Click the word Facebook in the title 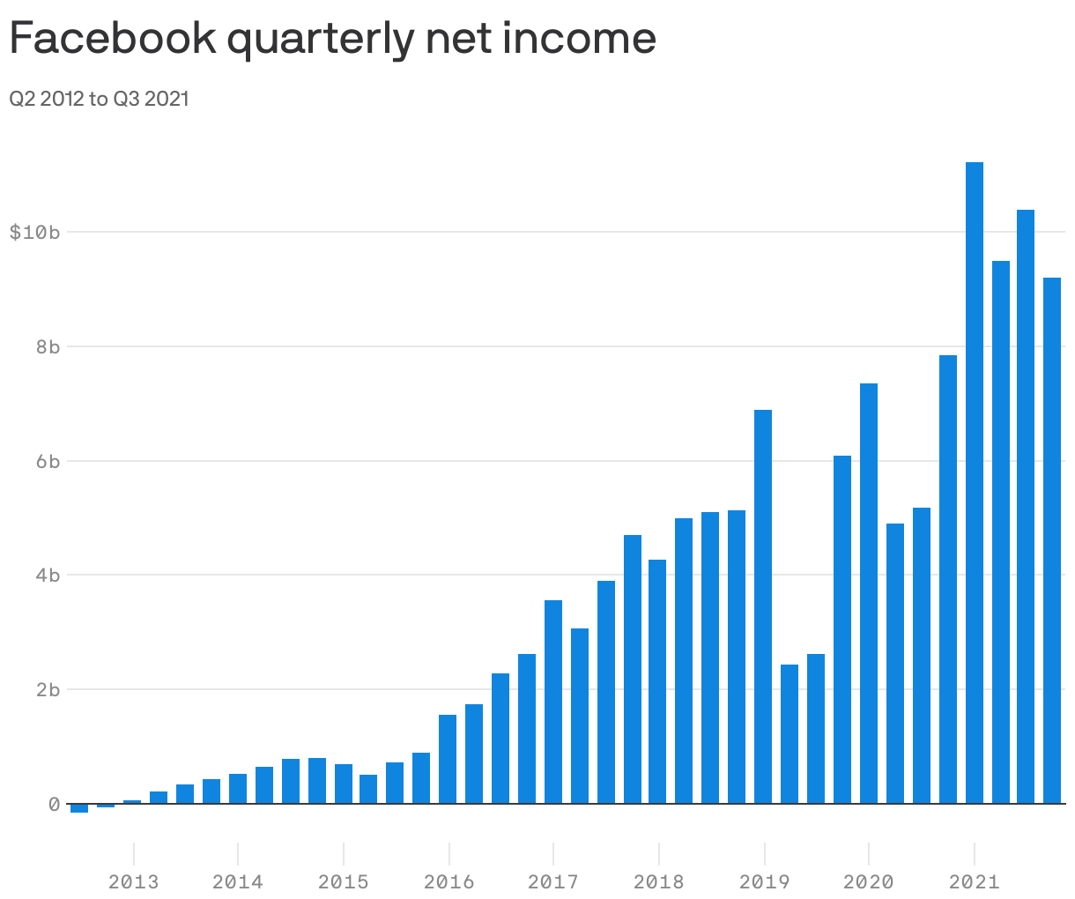tap(113, 37)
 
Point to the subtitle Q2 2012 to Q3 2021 tap(99, 99)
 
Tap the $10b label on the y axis tap(34, 232)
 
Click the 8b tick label tap(48, 346)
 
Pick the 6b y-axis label tap(48, 461)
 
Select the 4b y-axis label tap(48, 576)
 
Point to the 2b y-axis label tap(48, 689)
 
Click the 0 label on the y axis tap(54, 804)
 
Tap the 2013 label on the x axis tap(133, 881)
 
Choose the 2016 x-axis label tap(449, 881)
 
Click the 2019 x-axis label tap(764, 881)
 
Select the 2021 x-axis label tap(974, 881)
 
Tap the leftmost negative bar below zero tap(79, 808)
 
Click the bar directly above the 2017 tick tap(553, 702)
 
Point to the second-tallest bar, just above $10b tap(1026, 507)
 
